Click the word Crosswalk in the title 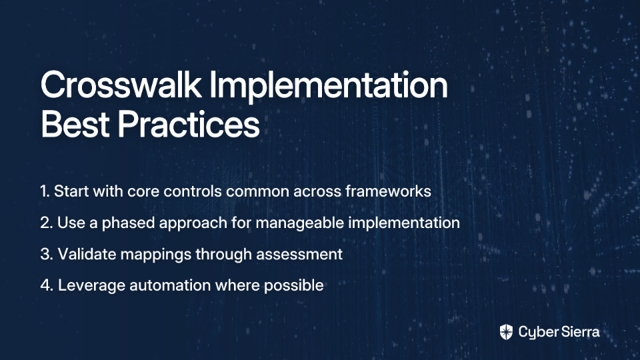coord(121,85)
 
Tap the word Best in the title coord(75,124)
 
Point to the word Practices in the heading coord(189,124)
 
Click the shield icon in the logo coord(506,332)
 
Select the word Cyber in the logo coord(536,333)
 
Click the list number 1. coord(45,191)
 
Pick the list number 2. coord(47,223)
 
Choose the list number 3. coord(47,254)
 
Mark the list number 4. coord(47,285)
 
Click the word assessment coord(299,255)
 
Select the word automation coord(170,285)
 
